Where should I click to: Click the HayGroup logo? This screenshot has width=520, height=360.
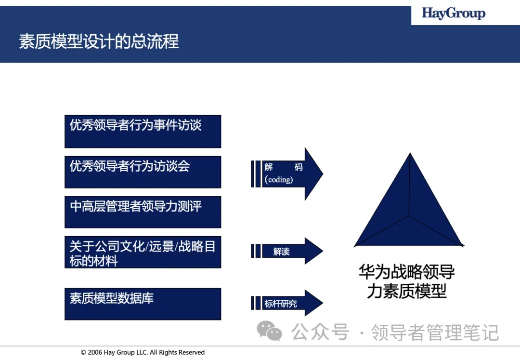point(453,13)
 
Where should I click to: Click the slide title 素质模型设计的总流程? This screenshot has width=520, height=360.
point(99,41)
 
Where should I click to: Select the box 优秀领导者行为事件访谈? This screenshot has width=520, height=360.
point(143,131)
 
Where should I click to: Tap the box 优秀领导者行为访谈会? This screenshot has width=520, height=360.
point(143,172)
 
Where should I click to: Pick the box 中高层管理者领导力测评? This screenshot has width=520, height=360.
point(143,212)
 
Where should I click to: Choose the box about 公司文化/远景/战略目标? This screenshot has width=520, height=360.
point(143,252)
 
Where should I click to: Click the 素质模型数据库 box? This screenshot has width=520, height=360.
point(143,304)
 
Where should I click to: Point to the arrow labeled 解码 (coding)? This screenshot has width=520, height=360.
point(289,173)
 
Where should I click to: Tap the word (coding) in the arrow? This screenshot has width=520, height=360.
point(279,180)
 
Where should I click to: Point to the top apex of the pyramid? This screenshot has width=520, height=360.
point(410,154)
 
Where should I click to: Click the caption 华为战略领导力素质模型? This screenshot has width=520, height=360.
point(407,281)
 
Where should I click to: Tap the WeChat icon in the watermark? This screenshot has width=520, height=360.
point(269,331)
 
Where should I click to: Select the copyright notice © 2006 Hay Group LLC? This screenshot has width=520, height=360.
point(143,352)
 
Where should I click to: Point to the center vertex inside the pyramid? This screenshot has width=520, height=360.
point(409,215)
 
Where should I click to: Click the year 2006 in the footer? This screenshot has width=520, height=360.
point(95,352)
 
